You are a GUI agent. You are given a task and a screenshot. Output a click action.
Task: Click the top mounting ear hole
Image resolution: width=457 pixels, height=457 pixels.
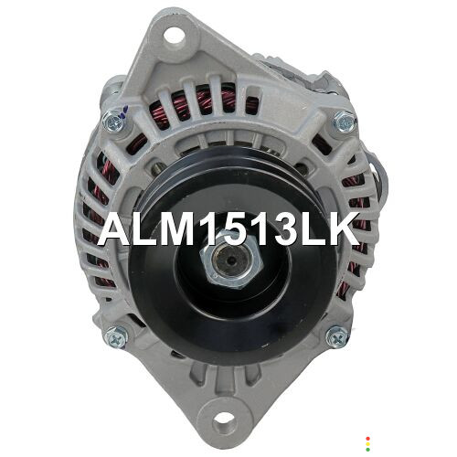click(175, 37)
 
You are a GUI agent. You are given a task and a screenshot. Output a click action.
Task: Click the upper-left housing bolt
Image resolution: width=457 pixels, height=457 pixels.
click(113, 121)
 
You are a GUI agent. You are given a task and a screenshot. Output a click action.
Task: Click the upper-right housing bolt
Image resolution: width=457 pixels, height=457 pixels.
click(345, 122)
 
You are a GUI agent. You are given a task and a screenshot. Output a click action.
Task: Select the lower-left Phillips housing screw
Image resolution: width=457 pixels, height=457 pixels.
click(116, 337)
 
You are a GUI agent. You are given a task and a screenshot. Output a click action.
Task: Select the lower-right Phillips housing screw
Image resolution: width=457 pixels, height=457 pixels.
click(337, 337)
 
